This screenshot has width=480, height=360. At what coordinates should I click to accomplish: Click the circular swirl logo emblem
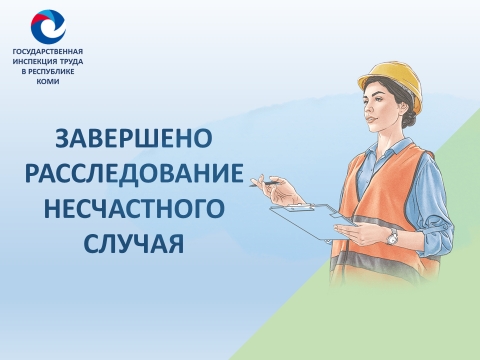[x=47, y=26]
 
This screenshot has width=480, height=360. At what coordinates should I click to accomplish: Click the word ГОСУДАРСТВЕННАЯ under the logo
[x=47, y=51]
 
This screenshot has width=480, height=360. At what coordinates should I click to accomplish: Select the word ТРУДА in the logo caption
[x=71, y=61]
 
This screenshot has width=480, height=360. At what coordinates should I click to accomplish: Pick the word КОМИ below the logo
[x=47, y=81]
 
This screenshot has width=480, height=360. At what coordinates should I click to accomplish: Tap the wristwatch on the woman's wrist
[x=391, y=236]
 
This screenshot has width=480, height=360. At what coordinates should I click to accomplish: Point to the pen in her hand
[x=268, y=182]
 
